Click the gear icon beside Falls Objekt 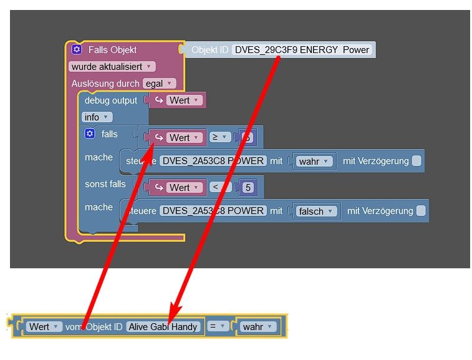[x=77, y=49]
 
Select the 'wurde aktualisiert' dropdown [x=112, y=66]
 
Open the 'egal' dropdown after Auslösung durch [x=159, y=83]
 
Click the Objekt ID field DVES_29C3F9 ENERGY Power [x=302, y=50]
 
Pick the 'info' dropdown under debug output [x=97, y=117]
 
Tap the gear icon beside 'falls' [x=90, y=134]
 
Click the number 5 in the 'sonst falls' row [x=248, y=187]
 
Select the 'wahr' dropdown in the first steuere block [x=314, y=161]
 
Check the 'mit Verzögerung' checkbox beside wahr [x=417, y=161]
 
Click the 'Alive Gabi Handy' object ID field [x=163, y=326]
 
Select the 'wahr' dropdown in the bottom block [x=258, y=326]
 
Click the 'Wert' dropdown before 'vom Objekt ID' [x=44, y=326]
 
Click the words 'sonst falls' [x=105, y=184]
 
